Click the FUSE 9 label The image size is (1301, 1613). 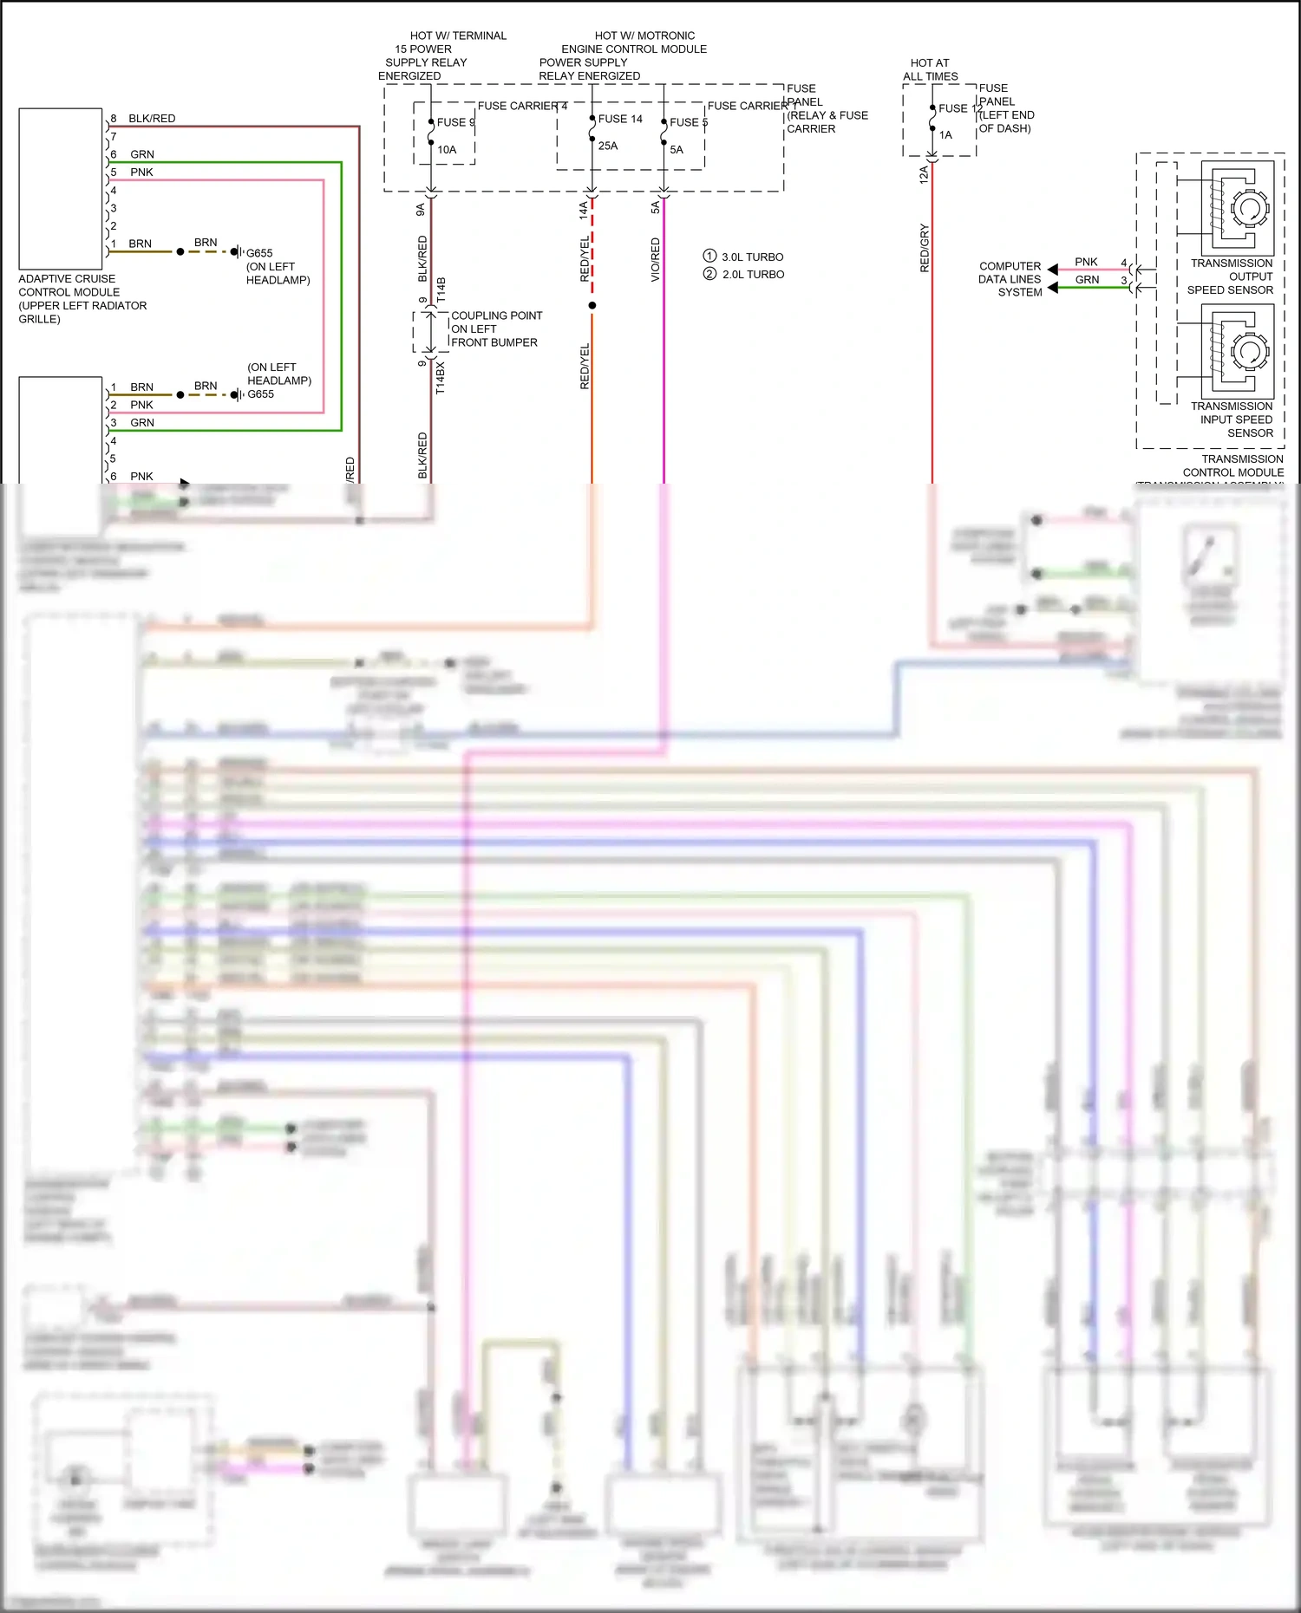[454, 122]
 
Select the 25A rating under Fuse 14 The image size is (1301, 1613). [608, 146]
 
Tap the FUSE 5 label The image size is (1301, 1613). [688, 122]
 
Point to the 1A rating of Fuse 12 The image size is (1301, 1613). [945, 135]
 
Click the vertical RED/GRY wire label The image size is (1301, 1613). [925, 249]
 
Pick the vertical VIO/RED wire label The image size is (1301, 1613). [656, 259]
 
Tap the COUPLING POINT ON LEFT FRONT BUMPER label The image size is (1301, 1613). [496, 329]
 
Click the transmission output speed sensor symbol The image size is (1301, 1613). [1237, 208]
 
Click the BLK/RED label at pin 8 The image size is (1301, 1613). [152, 119]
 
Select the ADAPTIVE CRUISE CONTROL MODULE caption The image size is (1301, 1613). [82, 299]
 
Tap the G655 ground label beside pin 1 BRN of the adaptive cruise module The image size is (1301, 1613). [259, 253]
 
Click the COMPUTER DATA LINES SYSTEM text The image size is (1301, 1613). [1010, 279]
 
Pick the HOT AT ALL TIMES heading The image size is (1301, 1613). [930, 69]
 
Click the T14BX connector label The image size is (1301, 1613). [441, 379]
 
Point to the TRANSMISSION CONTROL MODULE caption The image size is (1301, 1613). [1232, 465]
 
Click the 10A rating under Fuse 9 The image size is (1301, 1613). [447, 150]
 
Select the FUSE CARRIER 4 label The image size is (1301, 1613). [522, 106]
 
